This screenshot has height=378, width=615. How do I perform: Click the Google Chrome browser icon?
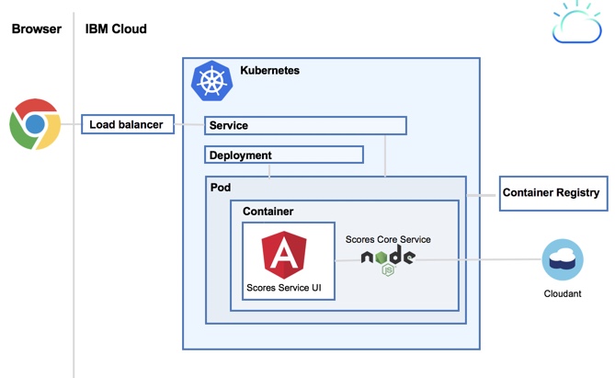tap(35, 125)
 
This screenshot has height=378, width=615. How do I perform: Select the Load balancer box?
tap(127, 125)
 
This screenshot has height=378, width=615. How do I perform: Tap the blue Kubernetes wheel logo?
tap(211, 81)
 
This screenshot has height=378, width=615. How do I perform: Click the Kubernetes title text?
tap(269, 70)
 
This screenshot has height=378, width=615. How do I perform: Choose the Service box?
tap(305, 126)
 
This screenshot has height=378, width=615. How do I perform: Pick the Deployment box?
tap(283, 155)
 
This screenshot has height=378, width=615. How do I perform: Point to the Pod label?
tap(221, 187)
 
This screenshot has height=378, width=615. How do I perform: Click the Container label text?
tap(268, 212)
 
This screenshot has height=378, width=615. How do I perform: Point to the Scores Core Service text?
tap(388, 239)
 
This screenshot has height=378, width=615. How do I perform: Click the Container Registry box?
tap(552, 193)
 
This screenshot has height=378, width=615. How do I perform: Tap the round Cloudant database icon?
tap(563, 260)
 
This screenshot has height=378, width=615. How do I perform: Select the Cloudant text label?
tap(563, 294)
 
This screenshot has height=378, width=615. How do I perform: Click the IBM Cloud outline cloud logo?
tap(577, 25)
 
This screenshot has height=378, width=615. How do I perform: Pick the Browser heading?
tap(36, 29)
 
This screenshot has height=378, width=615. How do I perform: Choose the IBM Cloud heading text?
tap(116, 29)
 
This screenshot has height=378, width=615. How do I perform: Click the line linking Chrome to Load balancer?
tap(71, 125)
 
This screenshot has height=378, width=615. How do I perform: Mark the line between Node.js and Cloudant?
tap(478, 260)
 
